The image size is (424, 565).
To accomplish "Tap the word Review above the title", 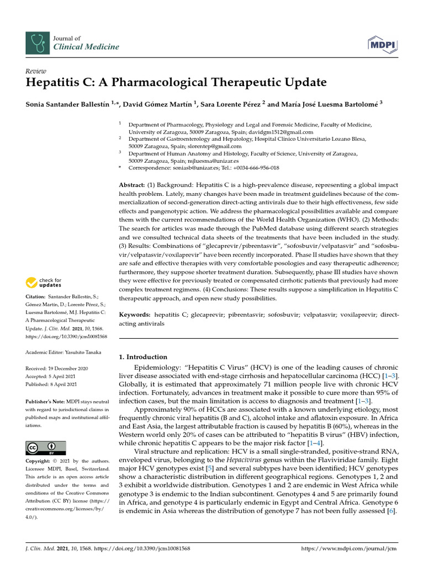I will pyautogui.click(x=36, y=71).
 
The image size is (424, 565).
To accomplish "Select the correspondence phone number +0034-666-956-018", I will pyautogui.click(x=253, y=168).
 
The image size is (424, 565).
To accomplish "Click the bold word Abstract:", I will pyautogui.click(x=134, y=185).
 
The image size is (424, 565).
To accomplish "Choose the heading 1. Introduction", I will pyautogui.click(x=143, y=357).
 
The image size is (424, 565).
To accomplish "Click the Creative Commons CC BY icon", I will pyautogui.click(x=46, y=447).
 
